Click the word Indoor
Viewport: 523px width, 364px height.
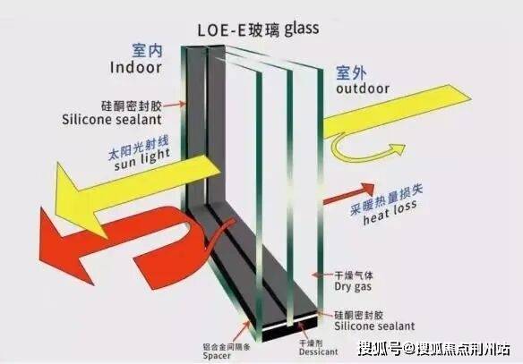pyautogui.click(x=136, y=67)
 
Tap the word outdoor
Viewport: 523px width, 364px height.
pyautogui.click(x=363, y=89)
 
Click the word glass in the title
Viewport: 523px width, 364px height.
pyautogui.click(x=302, y=30)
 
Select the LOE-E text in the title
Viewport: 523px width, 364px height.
pyautogui.click(x=221, y=30)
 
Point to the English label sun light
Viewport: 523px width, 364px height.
pyautogui.click(x=142, y=159)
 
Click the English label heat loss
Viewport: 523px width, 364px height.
pyautogui.click(x=390, y=212)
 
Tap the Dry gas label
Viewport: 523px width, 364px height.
pyautogui.click(x=353, y=287)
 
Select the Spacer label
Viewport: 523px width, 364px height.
pyautogui.click(x=217, y=356)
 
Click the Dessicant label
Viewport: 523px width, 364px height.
pyautogui.click(x=318, y=351)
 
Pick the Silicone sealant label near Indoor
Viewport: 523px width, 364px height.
pyautogui.click(x=112, y=120)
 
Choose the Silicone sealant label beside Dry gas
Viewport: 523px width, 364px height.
pyautogui.click(x=374, y=326)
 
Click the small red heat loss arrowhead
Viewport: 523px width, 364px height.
pyautogui.click(x=368, y=189)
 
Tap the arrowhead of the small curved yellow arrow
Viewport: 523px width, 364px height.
pyautogui.click(x=397, y=148)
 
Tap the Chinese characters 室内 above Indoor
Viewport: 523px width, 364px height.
pyautogui.click(x=147, y=51)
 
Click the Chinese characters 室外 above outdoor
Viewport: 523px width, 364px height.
pyautogui.click(x=351, y=73)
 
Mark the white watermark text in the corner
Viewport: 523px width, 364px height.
pyautogui.click(x=434, y=349)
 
